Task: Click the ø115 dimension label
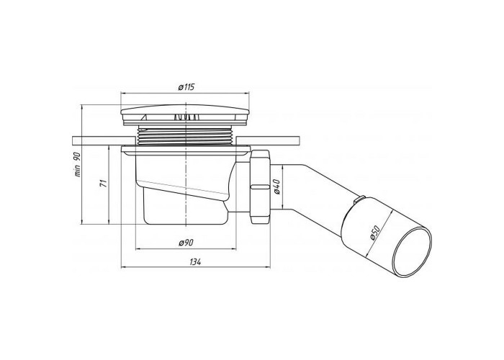click(x=186, y=87)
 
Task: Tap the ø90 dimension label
click(x=186, y=243)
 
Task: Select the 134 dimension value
click(x=195, y=262)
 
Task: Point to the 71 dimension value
click(x=103, y=184)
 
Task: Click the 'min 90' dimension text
click(x=78, y=164)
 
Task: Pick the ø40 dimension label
click(x=278, y=186)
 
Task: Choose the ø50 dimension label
click(x=375, y=232)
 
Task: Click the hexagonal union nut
click(x=261, y=186)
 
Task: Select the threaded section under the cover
click(x=186, y=135)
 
